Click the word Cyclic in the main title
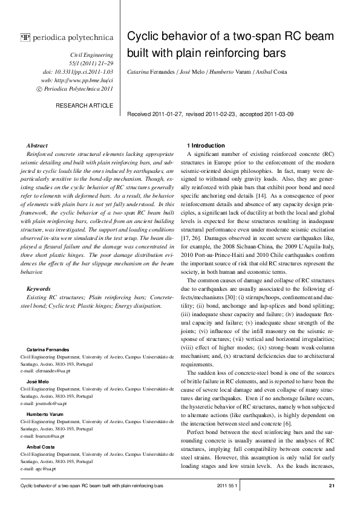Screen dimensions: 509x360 tap(143, 36)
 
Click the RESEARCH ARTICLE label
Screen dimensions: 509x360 tap(84, 105)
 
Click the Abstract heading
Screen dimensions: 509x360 tap(38, 146)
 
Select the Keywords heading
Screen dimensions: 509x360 tap(39, 289)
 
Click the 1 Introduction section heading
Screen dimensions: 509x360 tap(208, 146)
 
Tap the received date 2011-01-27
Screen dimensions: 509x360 tap(168, 114)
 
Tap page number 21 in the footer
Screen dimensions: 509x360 tap(331, 485)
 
